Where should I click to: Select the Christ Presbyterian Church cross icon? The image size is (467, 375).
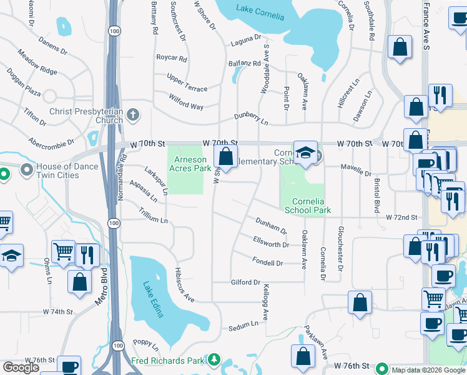(132, 115)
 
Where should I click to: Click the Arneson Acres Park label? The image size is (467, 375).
(190, 164)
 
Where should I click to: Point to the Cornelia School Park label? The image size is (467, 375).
(307, 206)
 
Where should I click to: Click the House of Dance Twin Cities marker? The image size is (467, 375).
(27, 170)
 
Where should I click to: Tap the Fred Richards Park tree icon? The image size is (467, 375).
(214, 360)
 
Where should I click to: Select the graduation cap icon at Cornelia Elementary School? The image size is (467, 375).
(305, 153)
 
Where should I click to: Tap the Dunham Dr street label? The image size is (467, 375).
(271, 226)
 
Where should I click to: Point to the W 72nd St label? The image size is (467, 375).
(401, 217)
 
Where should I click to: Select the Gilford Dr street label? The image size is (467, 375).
(245, 282)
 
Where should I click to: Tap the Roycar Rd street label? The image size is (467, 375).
(172, 59)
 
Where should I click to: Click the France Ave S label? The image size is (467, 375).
(426, 25)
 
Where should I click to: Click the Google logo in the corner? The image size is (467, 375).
(21, 367)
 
